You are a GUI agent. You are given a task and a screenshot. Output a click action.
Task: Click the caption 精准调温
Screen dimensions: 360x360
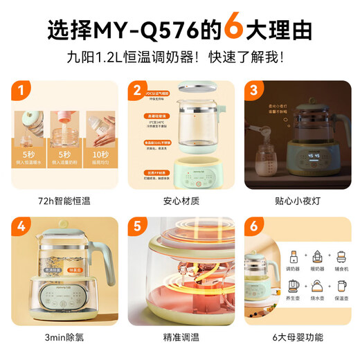[179, 339]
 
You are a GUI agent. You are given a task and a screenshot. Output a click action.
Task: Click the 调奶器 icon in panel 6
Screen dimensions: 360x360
[293, 254]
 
